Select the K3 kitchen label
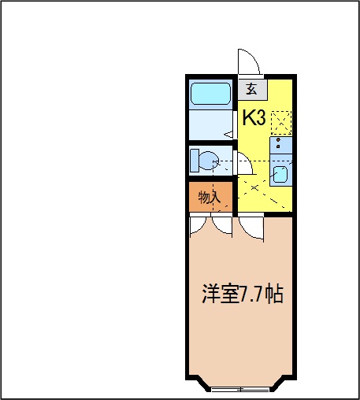[254, 118]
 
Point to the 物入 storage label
[209, 197]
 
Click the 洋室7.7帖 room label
[240, 295]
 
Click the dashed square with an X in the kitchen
[280, 122]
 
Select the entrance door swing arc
[248, 61]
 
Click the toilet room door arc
[244, 162]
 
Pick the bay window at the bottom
[240, 388]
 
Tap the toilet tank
[194, 161]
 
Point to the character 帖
[273, 295]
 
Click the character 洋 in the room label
[209, 295]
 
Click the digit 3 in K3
[260, 118]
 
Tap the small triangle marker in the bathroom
[228, 135]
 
